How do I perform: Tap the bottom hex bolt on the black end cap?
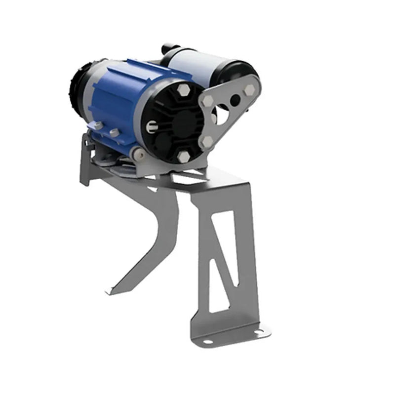184,157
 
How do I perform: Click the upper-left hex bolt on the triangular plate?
207,101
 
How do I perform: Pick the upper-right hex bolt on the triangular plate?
250,90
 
